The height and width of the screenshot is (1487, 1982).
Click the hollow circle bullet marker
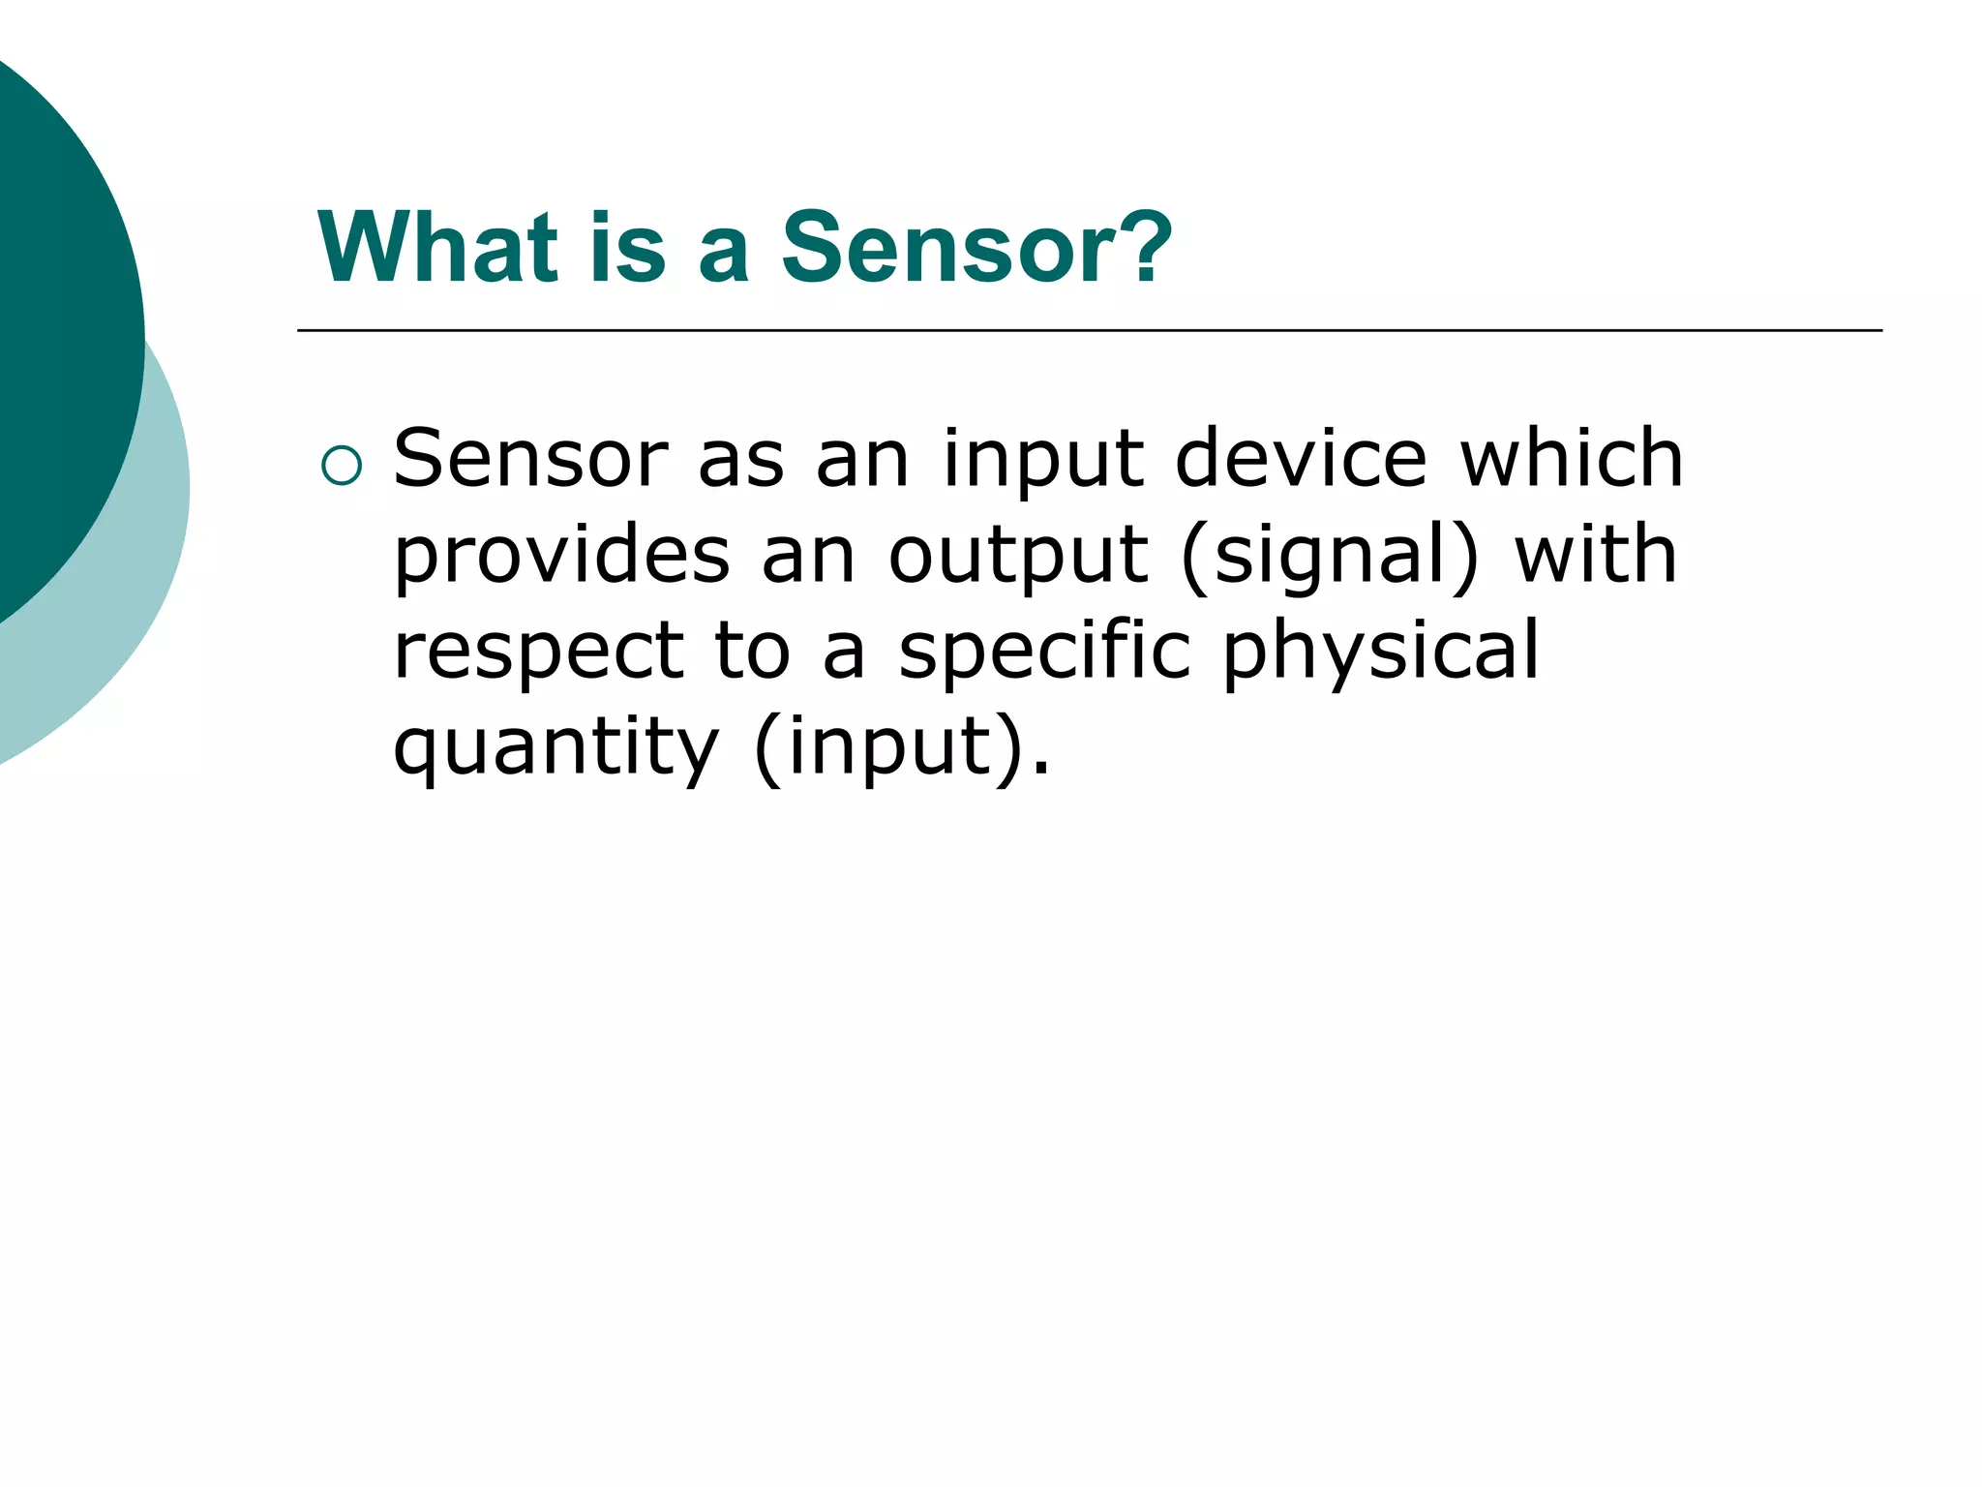341,466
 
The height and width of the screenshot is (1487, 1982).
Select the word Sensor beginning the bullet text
530,459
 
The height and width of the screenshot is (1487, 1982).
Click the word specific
1044,651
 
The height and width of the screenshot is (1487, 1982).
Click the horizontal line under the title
1089,331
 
